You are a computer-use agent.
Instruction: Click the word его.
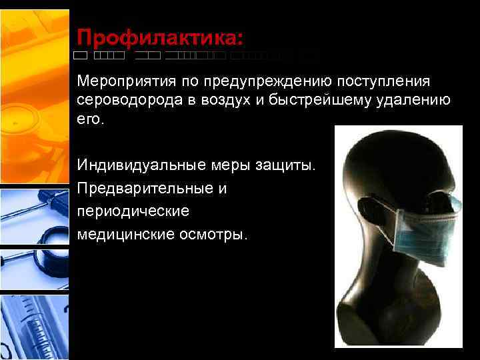91,119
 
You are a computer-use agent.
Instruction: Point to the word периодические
133,211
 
